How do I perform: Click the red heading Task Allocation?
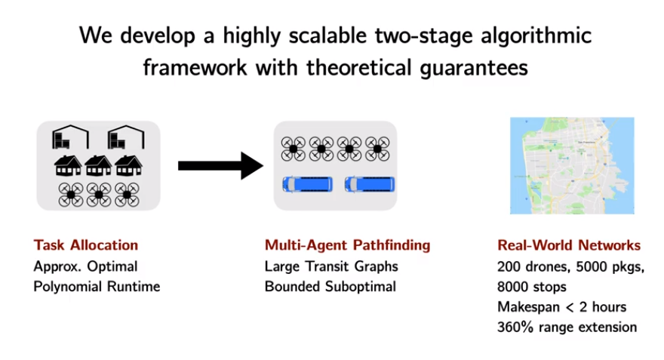[x=86, y=245]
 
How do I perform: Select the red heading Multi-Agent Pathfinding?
[x=347, y=245]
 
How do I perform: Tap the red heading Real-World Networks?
[x=569, y=245]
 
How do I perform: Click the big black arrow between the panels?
[x=220, y=165]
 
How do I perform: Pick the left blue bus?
[x=307, y=185]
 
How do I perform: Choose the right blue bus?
[x=370, y=185]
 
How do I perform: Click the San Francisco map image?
[x=572, y=165]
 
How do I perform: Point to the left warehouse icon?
[x=70, y=137]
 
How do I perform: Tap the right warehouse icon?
[x=126, y=137]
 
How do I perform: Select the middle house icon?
[x=98, y=165]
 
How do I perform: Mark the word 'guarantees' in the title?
[x=474, y=68]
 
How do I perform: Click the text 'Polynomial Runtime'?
[x=97, y=287]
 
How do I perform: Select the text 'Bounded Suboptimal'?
[x=330, y=287]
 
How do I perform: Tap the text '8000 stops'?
[x=532, y=287]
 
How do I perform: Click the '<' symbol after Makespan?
[x=570, y=307]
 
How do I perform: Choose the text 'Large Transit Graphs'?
[x=331, y=266]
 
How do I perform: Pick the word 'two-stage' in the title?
[x=423, y=35]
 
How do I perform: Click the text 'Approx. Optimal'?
[x=85, y=266]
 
